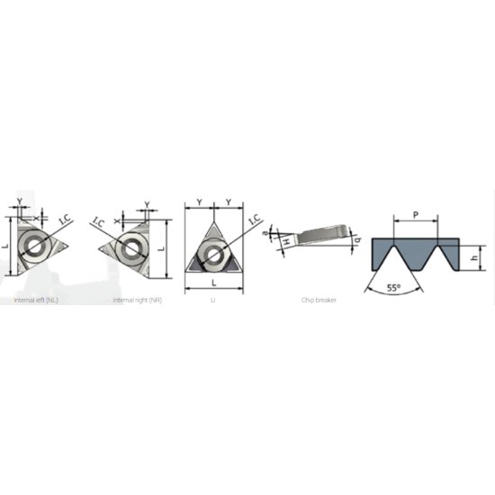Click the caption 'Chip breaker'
click(x=319, y=300)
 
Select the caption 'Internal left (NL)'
click(x=38, y=300)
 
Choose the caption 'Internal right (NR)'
click(x=138, y=300)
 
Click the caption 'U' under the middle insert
click(x=213, y=300)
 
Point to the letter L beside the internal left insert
click(x=5, y=246)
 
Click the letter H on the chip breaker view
click(x=283, y=242)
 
